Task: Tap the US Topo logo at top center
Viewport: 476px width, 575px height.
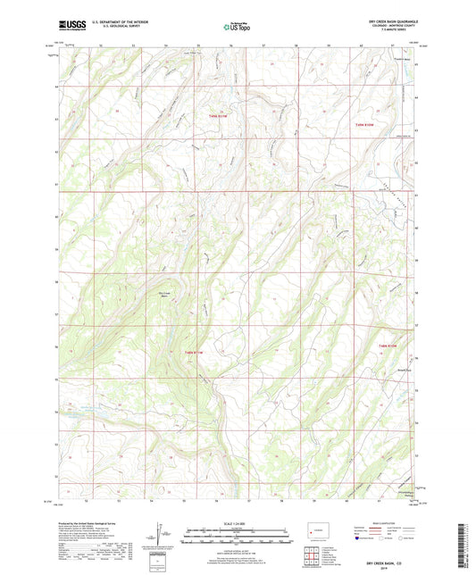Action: (238, 27)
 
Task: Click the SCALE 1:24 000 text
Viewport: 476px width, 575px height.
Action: (238, 522)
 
